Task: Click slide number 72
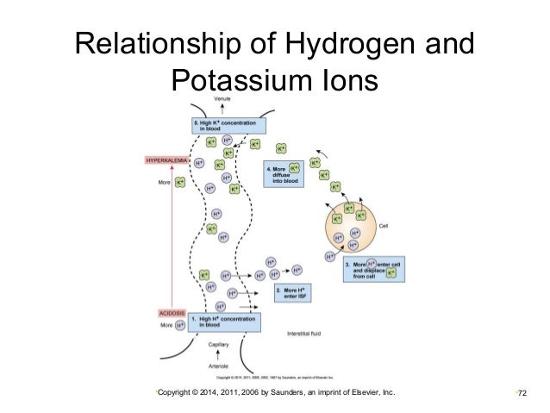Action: click(520, 394)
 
